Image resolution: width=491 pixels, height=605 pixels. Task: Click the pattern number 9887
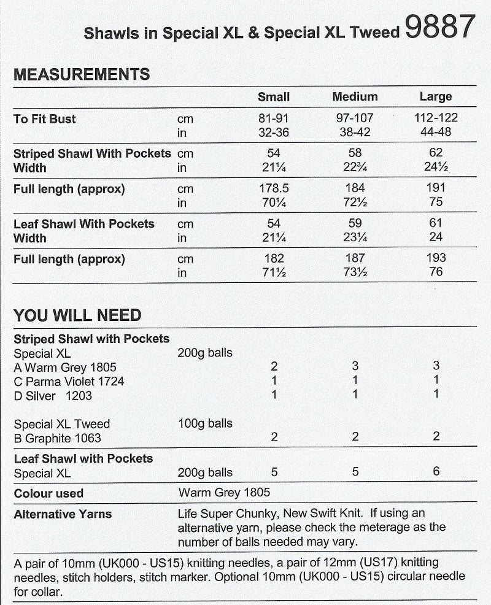(440, 28)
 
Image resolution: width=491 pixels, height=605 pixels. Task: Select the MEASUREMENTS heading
(82, 75)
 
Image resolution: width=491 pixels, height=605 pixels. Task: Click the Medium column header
(355, 97)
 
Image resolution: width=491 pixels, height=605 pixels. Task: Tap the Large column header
(436, 97)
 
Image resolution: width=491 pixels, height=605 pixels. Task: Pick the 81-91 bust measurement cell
(274, 118)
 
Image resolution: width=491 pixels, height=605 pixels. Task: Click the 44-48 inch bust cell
(436, 132)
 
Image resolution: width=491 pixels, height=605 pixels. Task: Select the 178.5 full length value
(274, 188)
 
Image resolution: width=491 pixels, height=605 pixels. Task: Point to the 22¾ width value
(355, 168)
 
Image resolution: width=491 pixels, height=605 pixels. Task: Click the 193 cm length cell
(436, 258)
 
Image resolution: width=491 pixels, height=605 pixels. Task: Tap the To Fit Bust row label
(45, 119)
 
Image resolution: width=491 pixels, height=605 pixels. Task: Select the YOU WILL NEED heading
(77, 315)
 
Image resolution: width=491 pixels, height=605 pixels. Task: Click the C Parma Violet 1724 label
(69, 382)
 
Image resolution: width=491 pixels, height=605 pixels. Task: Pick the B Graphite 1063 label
(58, 438)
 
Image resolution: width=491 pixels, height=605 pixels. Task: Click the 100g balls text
(205, 423)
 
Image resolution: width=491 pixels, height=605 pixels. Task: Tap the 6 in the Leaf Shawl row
(436, 472)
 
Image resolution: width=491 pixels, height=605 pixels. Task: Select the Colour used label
(48, 493)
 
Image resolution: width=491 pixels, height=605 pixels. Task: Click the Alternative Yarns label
(63, 514)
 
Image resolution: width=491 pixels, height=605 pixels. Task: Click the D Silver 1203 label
(53, 396)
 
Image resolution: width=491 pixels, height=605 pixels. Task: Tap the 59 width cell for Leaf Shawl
(355, 223)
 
